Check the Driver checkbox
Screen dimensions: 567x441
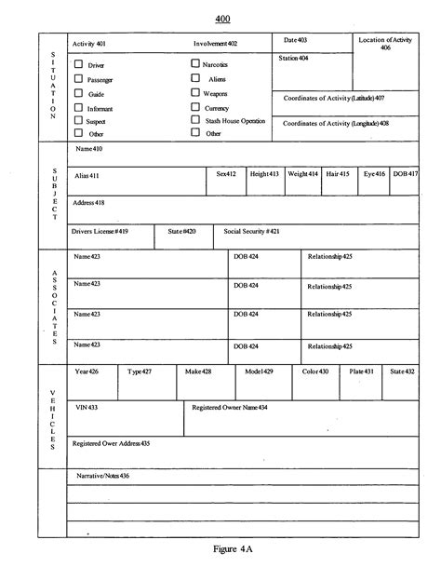78,64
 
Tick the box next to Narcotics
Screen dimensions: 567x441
195,63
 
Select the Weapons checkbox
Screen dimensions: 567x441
195,93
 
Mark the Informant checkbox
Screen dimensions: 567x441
78,107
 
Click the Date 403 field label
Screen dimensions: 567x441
295,40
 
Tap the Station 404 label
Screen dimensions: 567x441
294,58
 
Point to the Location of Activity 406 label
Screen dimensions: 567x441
386,44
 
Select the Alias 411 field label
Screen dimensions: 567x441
87,175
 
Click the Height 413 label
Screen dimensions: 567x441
264,174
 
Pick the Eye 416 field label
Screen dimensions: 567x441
374,174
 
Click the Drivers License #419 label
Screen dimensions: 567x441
101,230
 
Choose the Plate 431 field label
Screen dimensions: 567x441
362,371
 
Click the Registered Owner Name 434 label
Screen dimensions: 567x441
230,408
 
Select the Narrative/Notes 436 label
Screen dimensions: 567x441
101,476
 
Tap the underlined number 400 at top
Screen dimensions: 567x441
222,19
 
